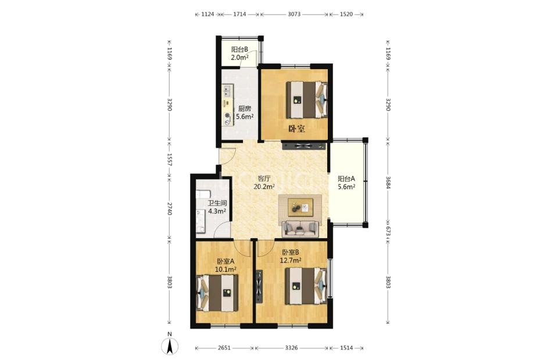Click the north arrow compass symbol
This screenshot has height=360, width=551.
coord(170,345)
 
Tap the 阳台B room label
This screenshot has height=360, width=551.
coord(239,49)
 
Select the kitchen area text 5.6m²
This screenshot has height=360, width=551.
coord(245,117)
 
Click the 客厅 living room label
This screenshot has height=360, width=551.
coord(264,179)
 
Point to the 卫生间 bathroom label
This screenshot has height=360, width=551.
coord(217,203)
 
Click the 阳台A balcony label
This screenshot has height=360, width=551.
coord(346,179)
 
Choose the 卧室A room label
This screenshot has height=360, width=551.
coord(226,261)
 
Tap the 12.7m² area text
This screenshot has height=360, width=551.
coord(291,261)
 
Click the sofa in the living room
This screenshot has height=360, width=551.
coord(300,229)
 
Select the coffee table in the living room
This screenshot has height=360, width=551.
coord(300,208)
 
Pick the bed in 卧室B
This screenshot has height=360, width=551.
coord(306,286)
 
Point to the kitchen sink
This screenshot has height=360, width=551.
coord(227,91)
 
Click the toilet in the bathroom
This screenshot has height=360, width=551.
coord(203,194)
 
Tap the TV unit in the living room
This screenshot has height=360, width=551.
coord(304,145)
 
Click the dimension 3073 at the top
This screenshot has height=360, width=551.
coord(294,15)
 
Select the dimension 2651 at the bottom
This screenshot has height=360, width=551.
coord(224,348)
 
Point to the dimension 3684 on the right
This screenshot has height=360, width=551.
coord(388,183)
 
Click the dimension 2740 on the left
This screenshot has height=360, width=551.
coord(169,209)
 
